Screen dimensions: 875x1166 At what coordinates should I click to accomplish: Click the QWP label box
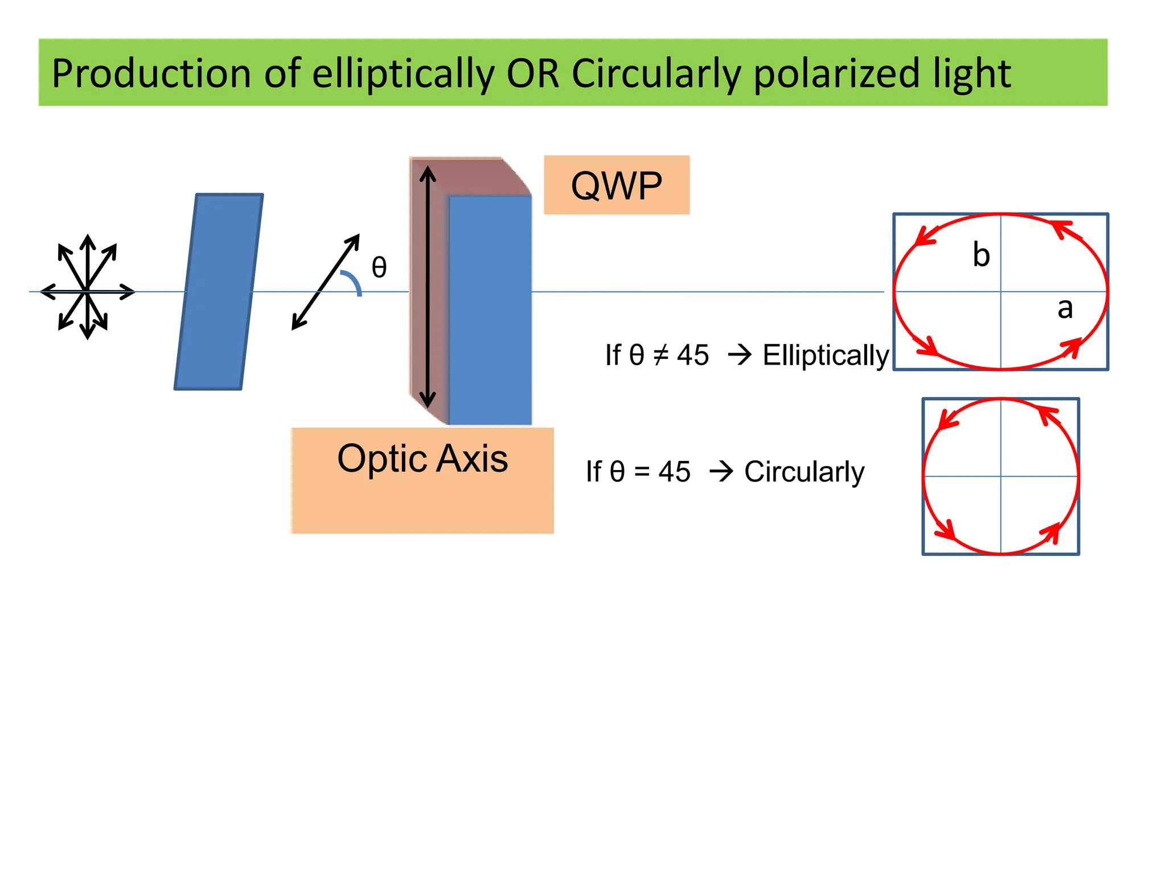pyautogui.click(x=616, y=185)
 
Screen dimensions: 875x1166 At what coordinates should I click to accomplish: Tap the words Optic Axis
pyautogui.click(x=422, y=459)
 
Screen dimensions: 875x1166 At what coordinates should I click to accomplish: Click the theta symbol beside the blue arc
pyautogui.click(x=379, y=267)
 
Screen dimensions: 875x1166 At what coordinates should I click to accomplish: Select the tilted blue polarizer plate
pyautogui.click(x=219, y=292)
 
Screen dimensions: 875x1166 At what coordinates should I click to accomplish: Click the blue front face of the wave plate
pyautogui.click(x=490, y=310)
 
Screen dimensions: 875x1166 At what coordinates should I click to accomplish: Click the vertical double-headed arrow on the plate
pyautogui.click(x=428, y=285)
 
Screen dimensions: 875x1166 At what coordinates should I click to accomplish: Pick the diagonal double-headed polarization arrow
pyautogui.click(x=326, y=281)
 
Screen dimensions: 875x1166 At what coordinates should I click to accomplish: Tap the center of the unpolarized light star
pyautogui.click(x=87, y=291)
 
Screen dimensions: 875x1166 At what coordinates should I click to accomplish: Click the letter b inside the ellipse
pyautogui.click(x=981, y=255)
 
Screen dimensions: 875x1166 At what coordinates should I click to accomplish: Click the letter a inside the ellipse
pyautogui.click(x=1065, y=308)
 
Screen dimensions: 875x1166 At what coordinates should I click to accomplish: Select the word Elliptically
pyautogui.click(x=825, y=355)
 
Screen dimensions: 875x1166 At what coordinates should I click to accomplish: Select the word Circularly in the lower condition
pyautogui.click(x=804, y=472)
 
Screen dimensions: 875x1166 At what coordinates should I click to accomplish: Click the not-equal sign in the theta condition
pyautogui.click(x=660, y=355)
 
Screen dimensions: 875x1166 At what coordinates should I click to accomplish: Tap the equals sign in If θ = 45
pyautogui.click(x=642, y=472)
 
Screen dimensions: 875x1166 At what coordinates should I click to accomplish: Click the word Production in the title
pyautogui.click(x=151, y=74)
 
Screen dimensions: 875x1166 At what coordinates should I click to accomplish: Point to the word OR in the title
pyautogui.click(x=533, y=74)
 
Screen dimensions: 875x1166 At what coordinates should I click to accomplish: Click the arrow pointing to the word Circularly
pyautogui.click(x=721, y=472)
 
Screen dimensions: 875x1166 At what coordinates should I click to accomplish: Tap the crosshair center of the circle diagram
pyautogui.click(x=1001, y=476)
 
